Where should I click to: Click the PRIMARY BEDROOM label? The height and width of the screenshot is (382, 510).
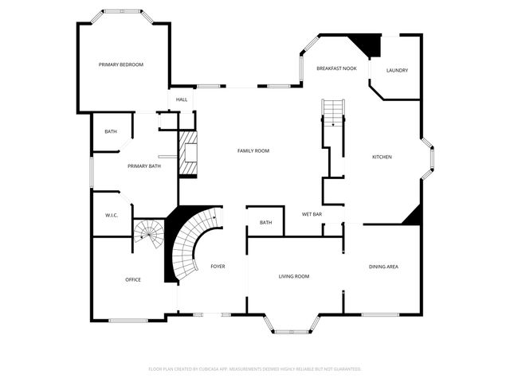coord(121,64)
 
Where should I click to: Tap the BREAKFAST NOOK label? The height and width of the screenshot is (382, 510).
coord(336,69)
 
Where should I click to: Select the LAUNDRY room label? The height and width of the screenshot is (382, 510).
coord(397,70)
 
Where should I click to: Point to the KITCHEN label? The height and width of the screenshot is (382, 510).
coord(382,157)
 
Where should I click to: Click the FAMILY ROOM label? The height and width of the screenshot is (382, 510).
coord(253,150)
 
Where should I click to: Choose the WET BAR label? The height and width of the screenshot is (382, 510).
coord(312,214)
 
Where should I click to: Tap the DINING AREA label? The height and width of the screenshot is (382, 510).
coord(383,266)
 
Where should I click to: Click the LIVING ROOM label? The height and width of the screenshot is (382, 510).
coord(293,276)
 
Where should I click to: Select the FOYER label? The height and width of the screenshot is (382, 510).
coord(218,266)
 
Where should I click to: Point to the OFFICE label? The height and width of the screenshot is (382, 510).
coord(133,279)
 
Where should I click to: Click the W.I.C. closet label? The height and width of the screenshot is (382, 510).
coord(112,216)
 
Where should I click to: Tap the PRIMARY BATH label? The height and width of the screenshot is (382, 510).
coord(144,166)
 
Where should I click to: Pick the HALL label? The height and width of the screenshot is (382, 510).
coord(182,99)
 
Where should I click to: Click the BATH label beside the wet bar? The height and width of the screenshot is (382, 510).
coord(266,222)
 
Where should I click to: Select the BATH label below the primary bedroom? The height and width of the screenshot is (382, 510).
coord(111,131)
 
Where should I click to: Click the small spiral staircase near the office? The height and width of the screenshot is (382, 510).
coord(148,232)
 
